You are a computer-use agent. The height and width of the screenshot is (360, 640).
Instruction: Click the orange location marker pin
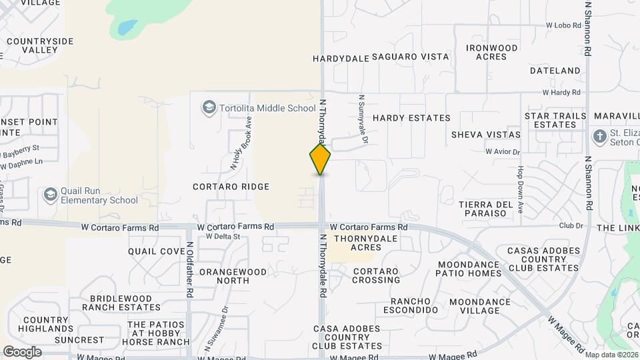(320, 159)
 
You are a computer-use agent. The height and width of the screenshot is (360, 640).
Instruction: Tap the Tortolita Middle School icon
(209, 108)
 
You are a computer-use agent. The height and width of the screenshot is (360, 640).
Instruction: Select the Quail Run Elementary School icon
(50, 195)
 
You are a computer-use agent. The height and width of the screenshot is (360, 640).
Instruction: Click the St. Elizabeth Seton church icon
(599, 137)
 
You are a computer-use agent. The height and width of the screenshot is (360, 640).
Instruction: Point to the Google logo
(22, 352)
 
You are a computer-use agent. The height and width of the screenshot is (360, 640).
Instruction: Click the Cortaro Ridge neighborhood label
(231, 187)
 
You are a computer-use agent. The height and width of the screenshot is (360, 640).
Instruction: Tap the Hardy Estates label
(411, 118)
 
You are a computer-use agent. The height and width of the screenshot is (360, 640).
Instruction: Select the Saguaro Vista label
(410, 57)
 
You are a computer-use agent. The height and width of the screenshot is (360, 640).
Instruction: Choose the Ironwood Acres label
(492, 52)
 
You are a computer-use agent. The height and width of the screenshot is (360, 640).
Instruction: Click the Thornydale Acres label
(356, 243)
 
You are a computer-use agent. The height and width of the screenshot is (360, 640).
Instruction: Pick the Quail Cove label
(157, 251)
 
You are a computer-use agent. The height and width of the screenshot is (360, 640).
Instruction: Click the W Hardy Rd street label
(561, 92)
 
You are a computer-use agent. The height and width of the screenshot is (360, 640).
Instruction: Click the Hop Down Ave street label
(520, 190)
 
